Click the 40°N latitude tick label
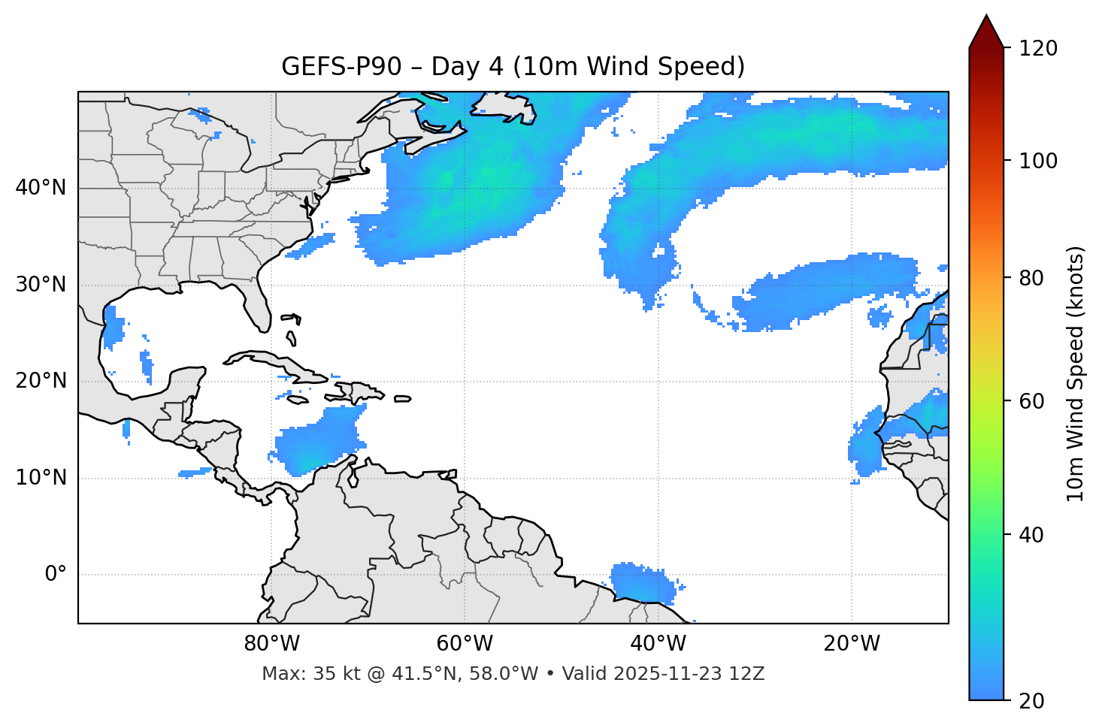[41, 188]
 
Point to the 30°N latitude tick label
[41, 285]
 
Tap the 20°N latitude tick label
[41, 381]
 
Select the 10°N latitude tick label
[41, 478]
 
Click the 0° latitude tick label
[56, 575]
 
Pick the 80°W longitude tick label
[271, 644]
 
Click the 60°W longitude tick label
[465, 644]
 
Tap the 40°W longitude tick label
[658, 644]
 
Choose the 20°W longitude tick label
[852, 644]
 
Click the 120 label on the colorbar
[1038, 49]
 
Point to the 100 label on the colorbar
[1038, 161]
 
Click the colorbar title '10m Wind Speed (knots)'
[1076, 373]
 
